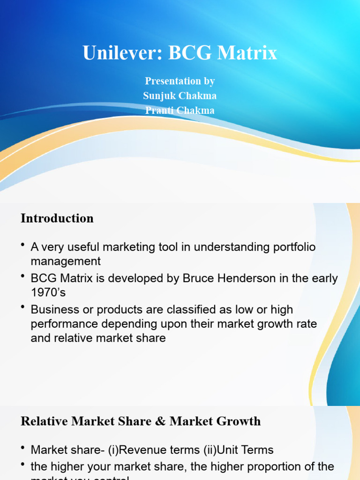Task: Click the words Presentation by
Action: pyautogui.click(x=180, y=81)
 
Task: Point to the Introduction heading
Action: pyautogui.click(x=57, y=218)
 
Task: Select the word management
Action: pyautogui.click(x=66, y=261)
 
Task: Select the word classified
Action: pyautogui.click(x=181, y=309)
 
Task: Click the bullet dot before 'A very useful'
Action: pyautogui.click(x=23, y=246)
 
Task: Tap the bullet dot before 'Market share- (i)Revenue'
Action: pyautogui.click(x=23, y=449)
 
